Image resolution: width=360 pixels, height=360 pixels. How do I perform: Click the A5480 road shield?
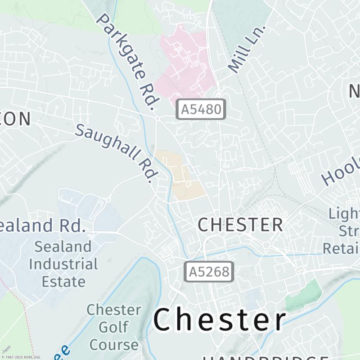[x=201, y=109]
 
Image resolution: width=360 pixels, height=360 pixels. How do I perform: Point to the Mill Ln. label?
[x=247, y=49]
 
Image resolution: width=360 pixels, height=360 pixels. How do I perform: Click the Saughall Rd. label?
[x=117, y=153]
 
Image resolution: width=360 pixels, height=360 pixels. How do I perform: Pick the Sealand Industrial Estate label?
[x=63, y=264]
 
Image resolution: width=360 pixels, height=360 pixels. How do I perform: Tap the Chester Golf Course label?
[x=114, y=327]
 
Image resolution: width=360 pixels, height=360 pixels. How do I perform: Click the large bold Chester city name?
[x=220, y=320]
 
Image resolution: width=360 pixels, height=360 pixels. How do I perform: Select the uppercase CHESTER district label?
[x=241, y=225]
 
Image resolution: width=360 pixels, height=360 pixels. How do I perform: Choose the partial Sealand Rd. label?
[x=42, y=225]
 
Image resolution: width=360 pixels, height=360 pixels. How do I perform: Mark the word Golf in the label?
[x=114, y=327]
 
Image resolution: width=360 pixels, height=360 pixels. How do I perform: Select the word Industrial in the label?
[x=63, y=264]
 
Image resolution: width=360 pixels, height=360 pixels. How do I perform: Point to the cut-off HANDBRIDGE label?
[x=265, y=358]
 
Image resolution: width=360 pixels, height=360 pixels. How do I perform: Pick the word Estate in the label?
[x=63, y=282]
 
